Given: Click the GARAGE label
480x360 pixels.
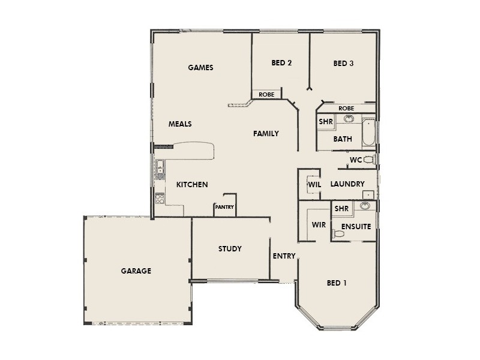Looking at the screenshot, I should (136, 271).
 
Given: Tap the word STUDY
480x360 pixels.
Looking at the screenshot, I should (230, 248).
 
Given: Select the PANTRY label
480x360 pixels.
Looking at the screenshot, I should (224, 208).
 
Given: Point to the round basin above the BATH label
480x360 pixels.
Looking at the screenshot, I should (348, 119).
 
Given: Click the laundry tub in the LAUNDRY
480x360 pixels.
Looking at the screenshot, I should (369, 194).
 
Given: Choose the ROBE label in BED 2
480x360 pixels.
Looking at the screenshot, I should (266, 95).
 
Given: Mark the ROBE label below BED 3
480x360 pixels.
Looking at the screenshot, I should (346, 108).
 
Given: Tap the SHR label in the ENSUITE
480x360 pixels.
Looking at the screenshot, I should (341, 209).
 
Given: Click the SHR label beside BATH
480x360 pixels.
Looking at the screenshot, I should (326, 121).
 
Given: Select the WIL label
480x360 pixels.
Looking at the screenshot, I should (314, 184).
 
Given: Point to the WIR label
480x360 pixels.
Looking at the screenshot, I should (318, 226).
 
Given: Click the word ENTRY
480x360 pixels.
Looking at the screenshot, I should (284, 256).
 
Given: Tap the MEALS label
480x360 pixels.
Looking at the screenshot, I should (180, 124).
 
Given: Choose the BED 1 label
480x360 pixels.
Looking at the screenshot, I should (337, 283).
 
